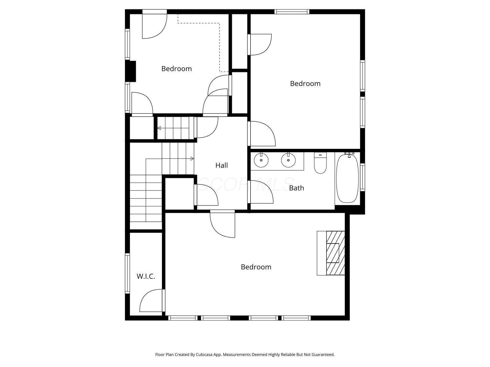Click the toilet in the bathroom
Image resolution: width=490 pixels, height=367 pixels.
(x=320, y=163)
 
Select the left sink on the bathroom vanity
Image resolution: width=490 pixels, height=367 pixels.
(x=261, y=160)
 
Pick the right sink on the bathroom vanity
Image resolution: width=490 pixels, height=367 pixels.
(x=288, y=160)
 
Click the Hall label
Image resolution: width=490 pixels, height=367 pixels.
(x=221, y=165)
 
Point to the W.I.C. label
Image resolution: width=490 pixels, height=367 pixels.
(x=146, y=276)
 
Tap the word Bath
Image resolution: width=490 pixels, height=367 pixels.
(x=296, y=188)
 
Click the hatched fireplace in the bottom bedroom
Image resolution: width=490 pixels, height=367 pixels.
(x=335, y=253)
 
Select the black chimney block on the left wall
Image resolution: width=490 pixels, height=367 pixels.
(x=130, y=71)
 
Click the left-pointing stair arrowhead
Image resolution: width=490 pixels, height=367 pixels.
(x=159, y=128)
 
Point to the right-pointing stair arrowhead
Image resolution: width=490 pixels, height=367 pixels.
(x=192, y=159)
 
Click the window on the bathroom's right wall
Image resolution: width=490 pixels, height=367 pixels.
(x=363, y=177)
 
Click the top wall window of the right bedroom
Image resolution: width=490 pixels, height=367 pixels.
(x=292, y=12)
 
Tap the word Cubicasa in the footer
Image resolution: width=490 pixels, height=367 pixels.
(x=204, y=354)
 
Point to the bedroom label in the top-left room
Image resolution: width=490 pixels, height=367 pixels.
(x=177, y=69)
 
